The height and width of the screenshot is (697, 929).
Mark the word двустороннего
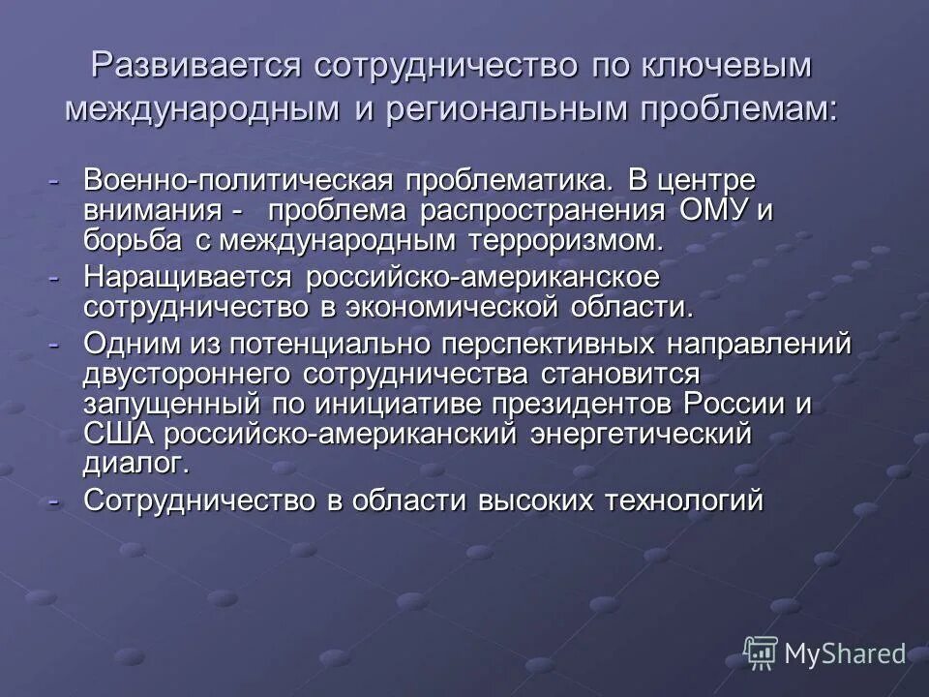[x=190, y=374]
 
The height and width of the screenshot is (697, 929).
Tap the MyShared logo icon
[x=762, y=652]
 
